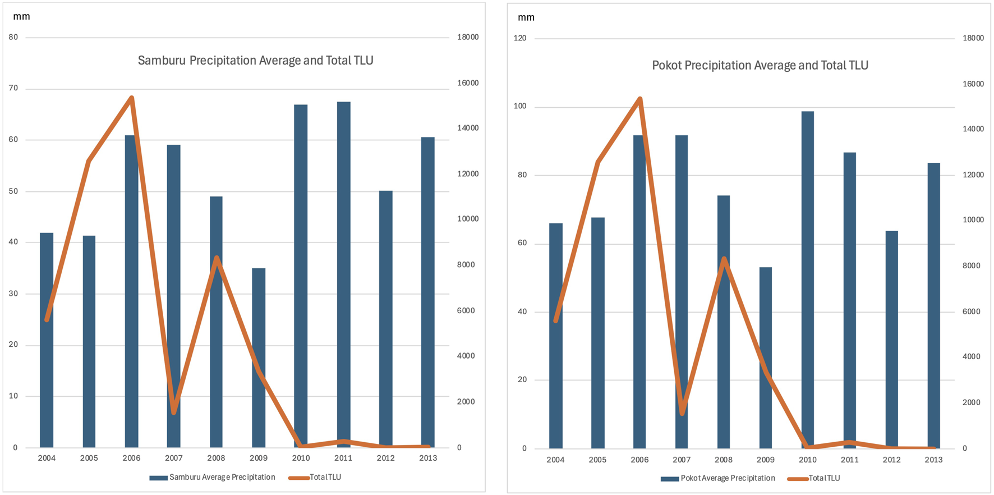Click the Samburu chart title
coord(255,61)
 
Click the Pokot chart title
coord(760,66)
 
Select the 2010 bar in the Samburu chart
coord(301,275)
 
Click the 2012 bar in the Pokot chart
coord(891,339)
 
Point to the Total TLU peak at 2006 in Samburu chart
coord(131,98)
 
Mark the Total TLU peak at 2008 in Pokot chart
coord(724,259)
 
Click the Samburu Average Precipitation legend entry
coord(213,478)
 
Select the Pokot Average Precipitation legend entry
coord(718,479)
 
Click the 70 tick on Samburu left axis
coord(13,88)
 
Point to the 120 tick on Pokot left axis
coord(520,38)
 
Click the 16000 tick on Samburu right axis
coord(467,83)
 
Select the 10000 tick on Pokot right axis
coord(973,220)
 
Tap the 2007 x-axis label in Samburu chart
coord(173,458)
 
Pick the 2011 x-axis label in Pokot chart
coord(849,460)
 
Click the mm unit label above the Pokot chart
coord(526,17)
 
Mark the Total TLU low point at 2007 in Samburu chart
coord(174,412)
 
